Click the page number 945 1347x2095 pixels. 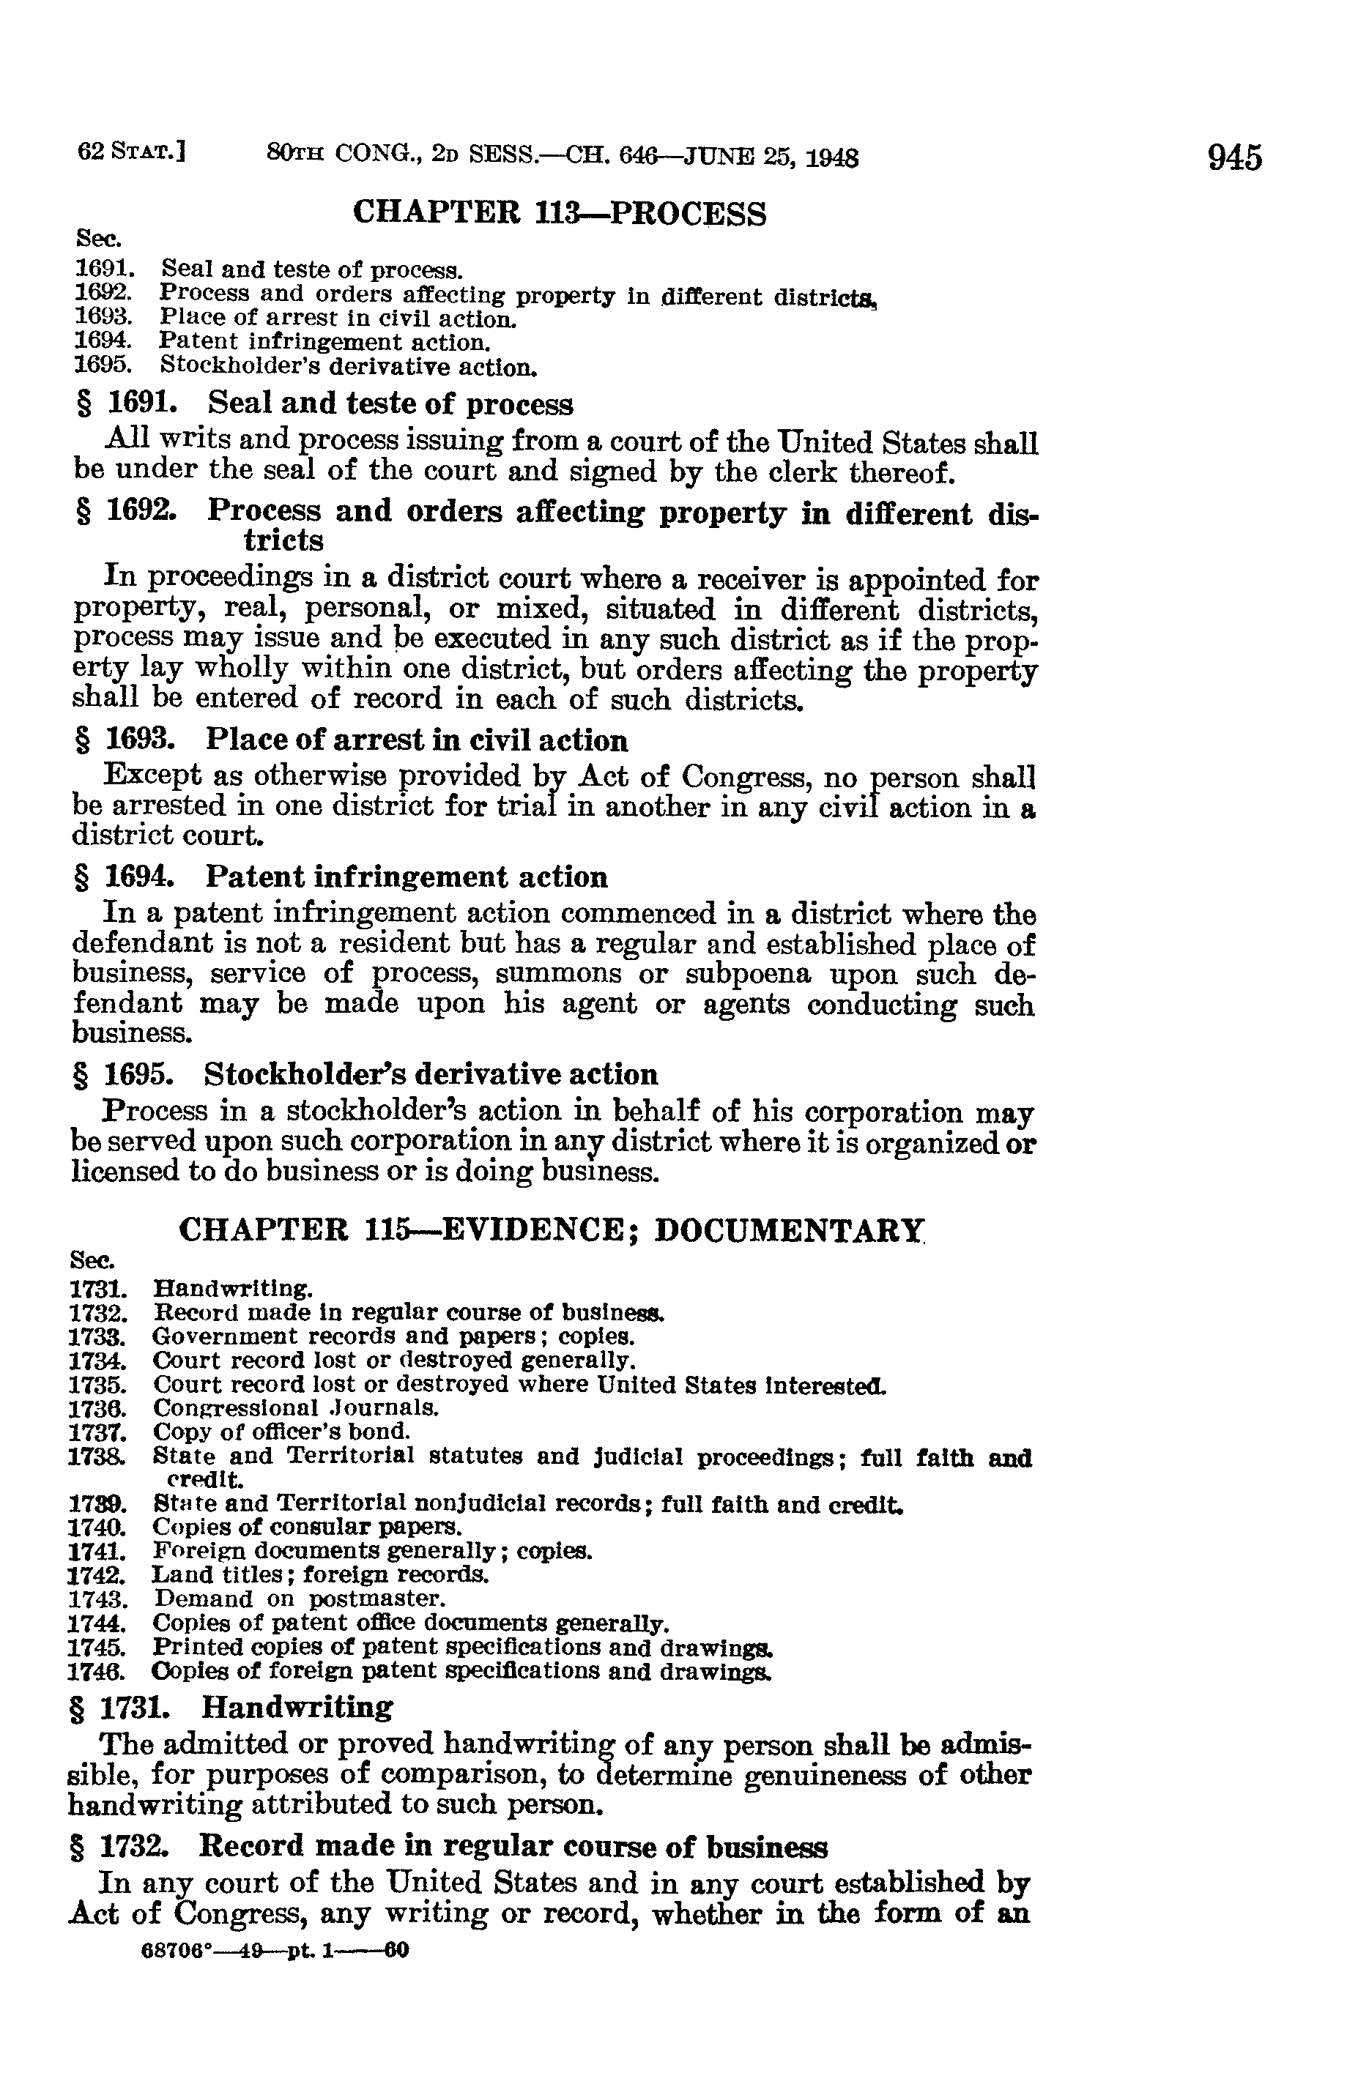point(1235,158)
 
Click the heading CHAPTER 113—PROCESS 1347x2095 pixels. point(559,213)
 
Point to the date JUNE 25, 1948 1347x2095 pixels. point(771,157)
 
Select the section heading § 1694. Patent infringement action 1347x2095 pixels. point(342,877)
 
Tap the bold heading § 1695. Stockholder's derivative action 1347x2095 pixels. point(365,1075)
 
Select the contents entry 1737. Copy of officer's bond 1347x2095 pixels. point(240,1432)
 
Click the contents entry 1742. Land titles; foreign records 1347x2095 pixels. point(278,1575)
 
